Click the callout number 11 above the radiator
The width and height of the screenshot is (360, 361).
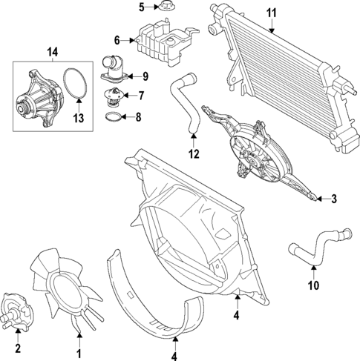[271, 13]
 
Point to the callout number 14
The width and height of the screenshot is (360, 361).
[51, 51]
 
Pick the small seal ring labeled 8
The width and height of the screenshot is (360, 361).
[111, 116]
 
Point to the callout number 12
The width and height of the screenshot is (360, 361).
[194, 155]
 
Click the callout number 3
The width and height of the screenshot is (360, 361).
[334, 199]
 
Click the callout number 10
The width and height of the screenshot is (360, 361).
[314, 285]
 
